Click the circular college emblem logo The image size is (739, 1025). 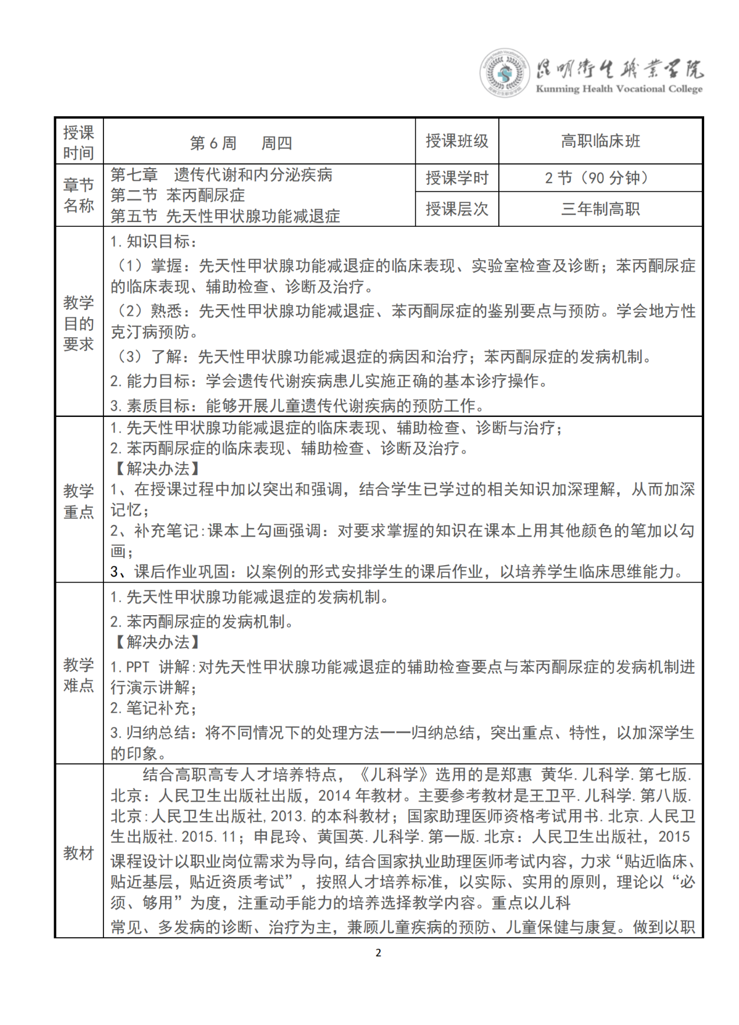pos(504,73)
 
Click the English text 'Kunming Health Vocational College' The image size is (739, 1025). pos(619,89)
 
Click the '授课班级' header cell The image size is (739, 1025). pos(456,141)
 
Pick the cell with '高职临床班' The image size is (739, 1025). pos(600,141)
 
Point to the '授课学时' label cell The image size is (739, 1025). pos(456,178)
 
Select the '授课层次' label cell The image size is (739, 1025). pos(456,209)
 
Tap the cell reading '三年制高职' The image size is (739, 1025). pos(600,209)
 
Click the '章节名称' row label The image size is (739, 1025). pos(78,195)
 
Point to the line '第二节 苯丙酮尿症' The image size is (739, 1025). pos(177,195)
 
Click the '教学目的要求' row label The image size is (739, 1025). pos(78,323)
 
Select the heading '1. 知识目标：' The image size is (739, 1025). pos(154,242)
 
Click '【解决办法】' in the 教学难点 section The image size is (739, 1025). pos(157,642)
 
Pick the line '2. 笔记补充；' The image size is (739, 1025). pos(153,708)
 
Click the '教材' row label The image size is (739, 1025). pos(78,853)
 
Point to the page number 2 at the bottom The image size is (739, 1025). pos(379,952)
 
